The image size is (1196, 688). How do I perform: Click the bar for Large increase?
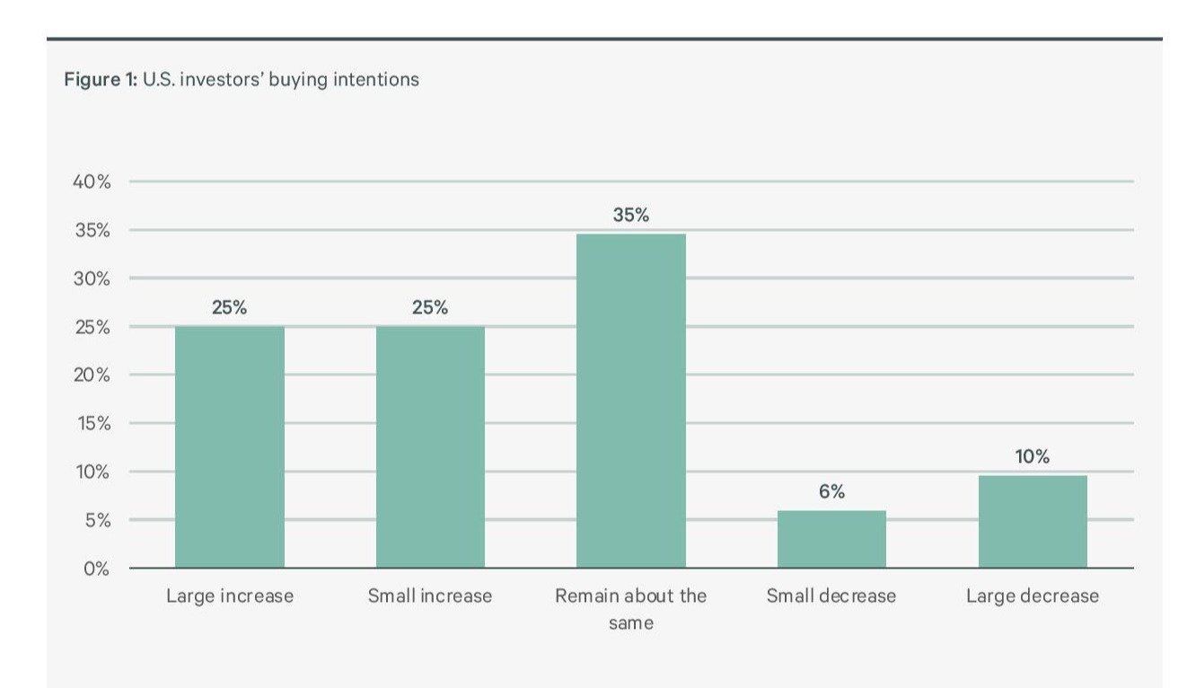tap(229, 446)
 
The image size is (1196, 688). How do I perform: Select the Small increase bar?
tap(430, 446)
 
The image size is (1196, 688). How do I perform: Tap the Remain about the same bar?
tap(630, 401)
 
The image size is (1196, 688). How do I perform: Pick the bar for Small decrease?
tap(831, 539)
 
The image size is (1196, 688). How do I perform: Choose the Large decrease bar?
tap(1033, 521)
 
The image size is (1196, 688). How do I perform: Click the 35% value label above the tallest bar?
tap(630, 216)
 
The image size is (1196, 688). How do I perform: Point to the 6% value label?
tap(831, 492)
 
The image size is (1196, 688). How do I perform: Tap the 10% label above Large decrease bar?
tap(1033, 456)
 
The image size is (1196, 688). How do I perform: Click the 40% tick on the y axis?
tap(92, 182)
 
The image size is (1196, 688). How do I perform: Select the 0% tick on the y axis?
tap(96, 569)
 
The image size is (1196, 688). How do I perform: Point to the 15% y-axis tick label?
tap(92, 423)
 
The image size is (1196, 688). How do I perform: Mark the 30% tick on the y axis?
tap(92, 278)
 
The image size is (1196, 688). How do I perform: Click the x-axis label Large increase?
tap(230, 595)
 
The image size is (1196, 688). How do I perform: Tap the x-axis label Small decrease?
tap(831, 595)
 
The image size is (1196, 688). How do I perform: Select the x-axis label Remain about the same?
tap(630, 608)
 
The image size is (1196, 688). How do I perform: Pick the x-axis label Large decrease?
tap(1033, 595)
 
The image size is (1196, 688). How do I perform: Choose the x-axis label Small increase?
tap(430, 595)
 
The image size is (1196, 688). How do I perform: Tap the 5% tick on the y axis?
tap(96, 520)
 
